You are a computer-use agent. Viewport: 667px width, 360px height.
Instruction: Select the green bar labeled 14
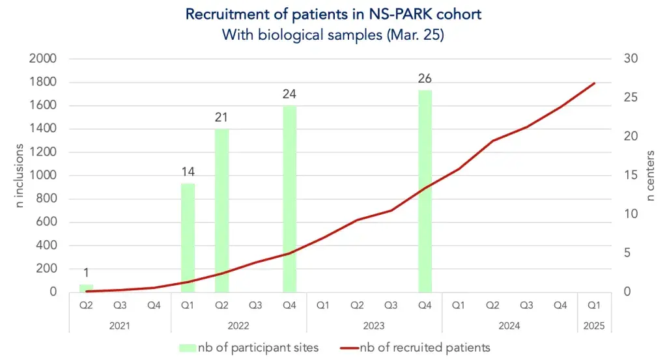click(188, 238)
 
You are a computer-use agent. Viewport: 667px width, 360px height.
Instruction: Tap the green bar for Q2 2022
click(221, 210)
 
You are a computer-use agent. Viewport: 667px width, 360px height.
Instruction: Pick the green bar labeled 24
click(289, 199)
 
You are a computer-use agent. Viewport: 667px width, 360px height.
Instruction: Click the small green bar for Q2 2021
click(86, 288)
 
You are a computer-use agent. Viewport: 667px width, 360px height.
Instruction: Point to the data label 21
click(221, 118)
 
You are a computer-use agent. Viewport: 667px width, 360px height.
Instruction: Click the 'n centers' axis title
click(651, 175)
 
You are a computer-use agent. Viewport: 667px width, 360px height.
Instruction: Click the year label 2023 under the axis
click(374, 325)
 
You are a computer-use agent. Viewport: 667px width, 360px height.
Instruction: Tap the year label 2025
click(594, 325)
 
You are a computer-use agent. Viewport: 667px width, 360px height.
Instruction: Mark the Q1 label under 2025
click(594, 305)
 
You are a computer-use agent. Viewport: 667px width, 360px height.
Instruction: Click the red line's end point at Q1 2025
click(594, 83)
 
